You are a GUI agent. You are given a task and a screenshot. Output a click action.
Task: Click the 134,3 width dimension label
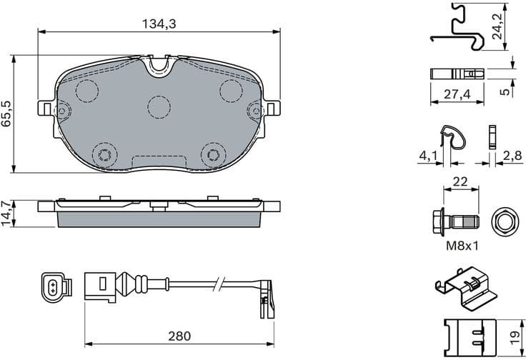(158, 24)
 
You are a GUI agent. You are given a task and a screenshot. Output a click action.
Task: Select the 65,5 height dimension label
(8, 114)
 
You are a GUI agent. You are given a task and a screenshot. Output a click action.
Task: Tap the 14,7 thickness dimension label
(8, 213)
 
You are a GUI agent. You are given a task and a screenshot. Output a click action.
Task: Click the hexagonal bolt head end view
(505, 222)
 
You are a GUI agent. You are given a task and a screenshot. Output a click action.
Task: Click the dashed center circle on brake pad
(159, 106)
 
